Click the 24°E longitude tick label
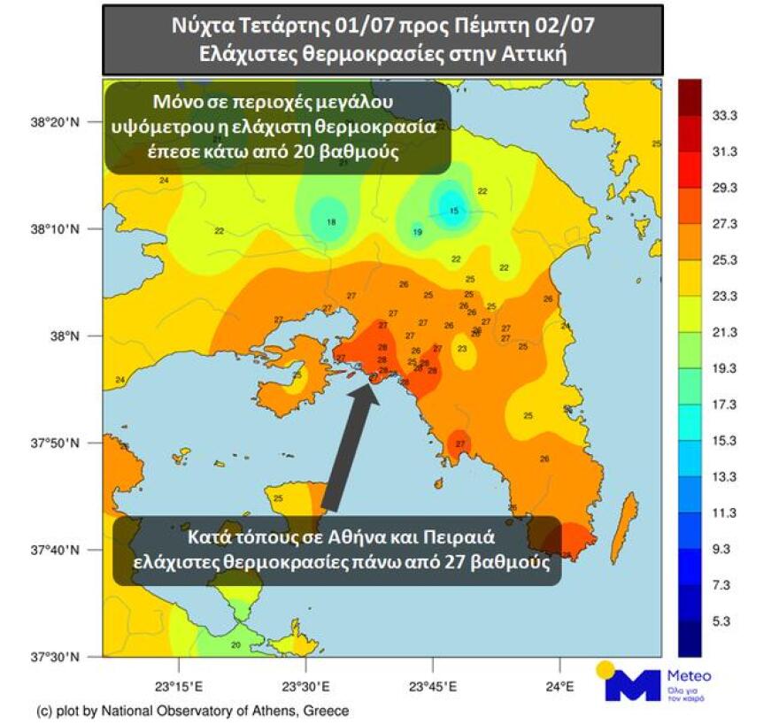click(560, 686)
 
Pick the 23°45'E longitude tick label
click(434, 686)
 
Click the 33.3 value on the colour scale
click(725, 116)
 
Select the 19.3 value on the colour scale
click(725, 368)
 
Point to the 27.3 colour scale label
click(725, 224)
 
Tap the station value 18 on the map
click(332, 222)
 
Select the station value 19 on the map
click(417, 232)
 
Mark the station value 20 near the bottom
click(235, 644)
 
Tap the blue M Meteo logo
click(633, 683)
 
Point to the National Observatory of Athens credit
click(192, 711)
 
